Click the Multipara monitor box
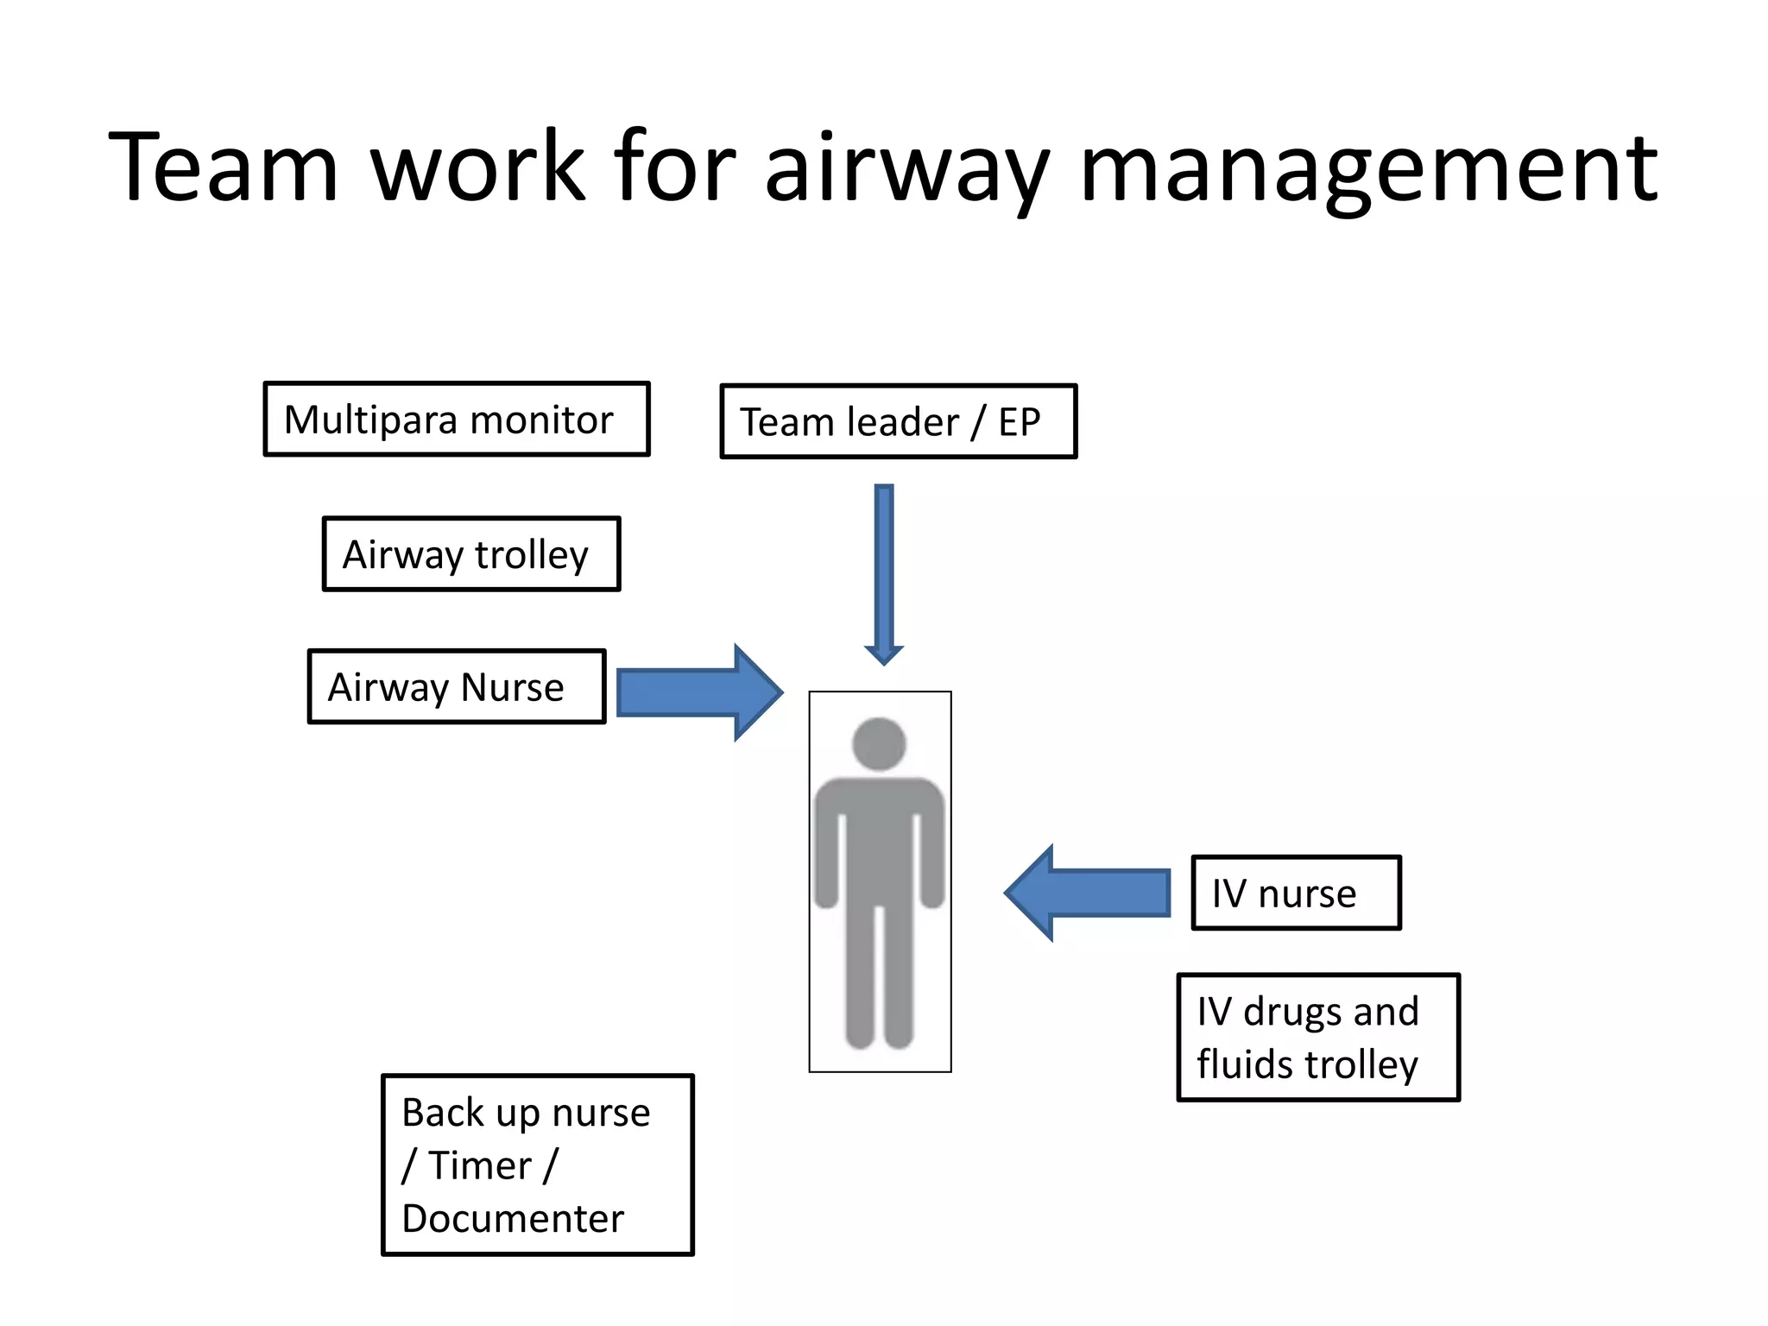click(457, 420)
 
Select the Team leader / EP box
click(899, 422)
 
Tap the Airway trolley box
click(471, 554)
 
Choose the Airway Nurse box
click(457, 687)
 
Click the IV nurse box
click(1296, 893)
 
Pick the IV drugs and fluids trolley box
click(1318, 1038)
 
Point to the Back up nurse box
click(538, 1165)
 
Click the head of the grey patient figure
click(879, 743)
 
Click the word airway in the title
click(906, 167)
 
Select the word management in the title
click(1368, 167)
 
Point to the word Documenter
click(513, 1219)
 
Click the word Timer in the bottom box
click(480, 1166)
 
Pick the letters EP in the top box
click(1020, 423)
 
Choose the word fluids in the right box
click(1246, 1064)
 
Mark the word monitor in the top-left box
click(541, 420)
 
